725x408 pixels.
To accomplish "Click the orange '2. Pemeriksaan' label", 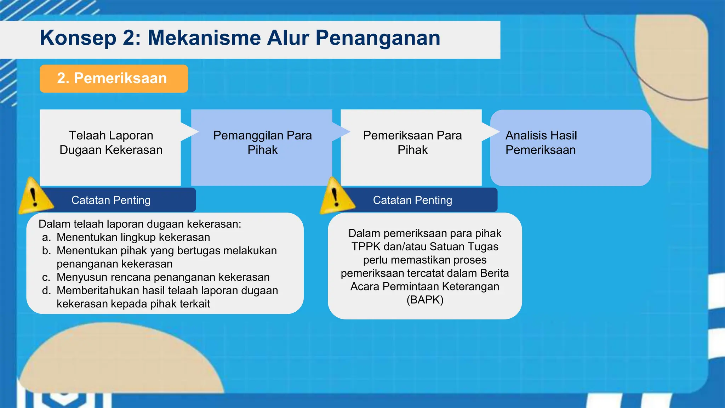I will [x=113, y=78].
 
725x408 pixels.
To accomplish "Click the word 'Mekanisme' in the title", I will [x=204, y=38].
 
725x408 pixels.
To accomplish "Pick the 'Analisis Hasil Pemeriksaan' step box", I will [x=570, y=147].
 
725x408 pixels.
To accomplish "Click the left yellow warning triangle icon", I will [x=34, y=197].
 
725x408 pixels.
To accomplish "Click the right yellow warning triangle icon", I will [x=336, y=197].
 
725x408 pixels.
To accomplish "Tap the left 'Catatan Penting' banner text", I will [x=111, y=200].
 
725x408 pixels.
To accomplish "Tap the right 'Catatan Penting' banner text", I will [x=412, y=200].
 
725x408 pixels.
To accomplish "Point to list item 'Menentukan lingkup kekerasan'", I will [x=133, y=237].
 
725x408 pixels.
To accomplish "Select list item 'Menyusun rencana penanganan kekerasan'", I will [x=163, y=277].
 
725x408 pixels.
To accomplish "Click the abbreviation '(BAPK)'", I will [x=425, y=300].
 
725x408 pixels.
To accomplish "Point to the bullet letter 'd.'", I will [x=46, y=290].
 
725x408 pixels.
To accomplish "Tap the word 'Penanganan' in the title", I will [x=378, y=38].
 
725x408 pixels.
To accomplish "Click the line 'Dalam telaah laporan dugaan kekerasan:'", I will [x=140, y=224].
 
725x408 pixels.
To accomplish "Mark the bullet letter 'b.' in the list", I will [x=46, y=251].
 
